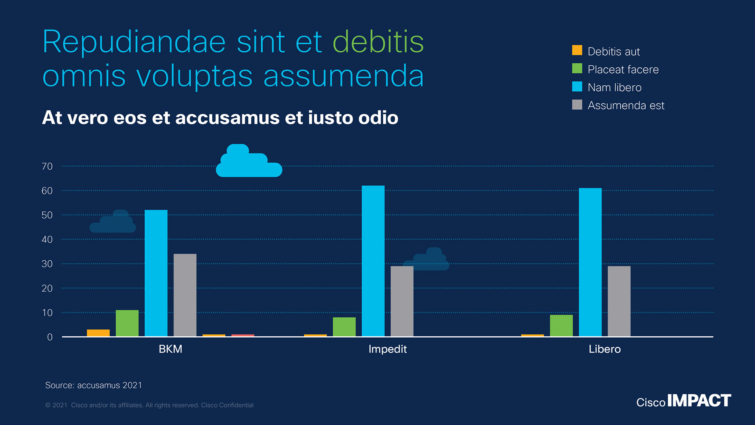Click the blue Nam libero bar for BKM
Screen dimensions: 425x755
pos(156,273)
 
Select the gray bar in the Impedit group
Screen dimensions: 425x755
pos(402,301)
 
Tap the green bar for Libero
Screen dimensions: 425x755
pos(561,325)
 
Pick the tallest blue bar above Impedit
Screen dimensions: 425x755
pos(373,261)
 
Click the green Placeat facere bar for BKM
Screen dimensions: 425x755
pos(127,323)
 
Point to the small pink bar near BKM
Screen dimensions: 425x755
pos(243,335)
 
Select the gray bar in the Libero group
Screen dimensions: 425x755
pos(619,301)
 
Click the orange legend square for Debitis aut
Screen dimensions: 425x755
pos(577,50)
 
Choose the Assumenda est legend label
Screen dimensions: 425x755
pos(626,105)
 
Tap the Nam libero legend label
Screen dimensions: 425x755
pos(614,87)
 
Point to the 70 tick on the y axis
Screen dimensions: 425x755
pos(47,166)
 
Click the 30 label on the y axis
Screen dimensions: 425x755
pos(47,264)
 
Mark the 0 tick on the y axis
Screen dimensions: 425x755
pos(50,337)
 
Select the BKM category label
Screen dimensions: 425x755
pos(170,349)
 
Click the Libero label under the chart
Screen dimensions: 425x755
pos(604,349)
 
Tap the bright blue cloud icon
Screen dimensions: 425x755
pos(249,162)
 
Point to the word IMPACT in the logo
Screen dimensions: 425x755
pos(699,401)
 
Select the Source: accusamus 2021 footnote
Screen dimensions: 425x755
pos(94,385)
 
